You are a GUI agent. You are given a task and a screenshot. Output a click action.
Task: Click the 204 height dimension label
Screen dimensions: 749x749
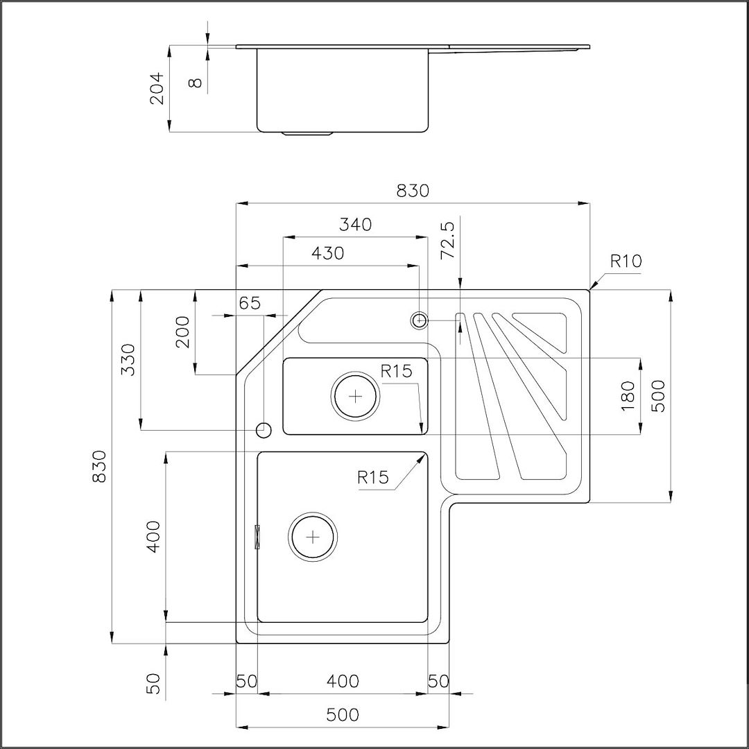[157, 88]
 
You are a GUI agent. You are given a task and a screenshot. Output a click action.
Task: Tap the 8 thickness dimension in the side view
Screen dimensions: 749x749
[195, 83]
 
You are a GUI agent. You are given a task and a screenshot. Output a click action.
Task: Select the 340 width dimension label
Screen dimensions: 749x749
[355, 224]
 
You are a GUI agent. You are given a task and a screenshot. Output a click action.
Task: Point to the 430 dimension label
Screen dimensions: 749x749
[327, 253]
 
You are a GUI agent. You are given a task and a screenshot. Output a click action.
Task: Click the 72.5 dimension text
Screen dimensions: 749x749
[449, 240]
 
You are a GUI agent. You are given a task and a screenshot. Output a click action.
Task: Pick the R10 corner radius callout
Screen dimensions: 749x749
[626, 261]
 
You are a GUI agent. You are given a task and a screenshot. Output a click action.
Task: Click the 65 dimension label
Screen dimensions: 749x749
[250, 303]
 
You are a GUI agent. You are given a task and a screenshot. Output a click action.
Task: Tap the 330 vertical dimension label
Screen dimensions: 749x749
[128, 360]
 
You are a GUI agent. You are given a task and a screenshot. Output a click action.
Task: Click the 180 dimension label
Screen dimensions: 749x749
[628, 396]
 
